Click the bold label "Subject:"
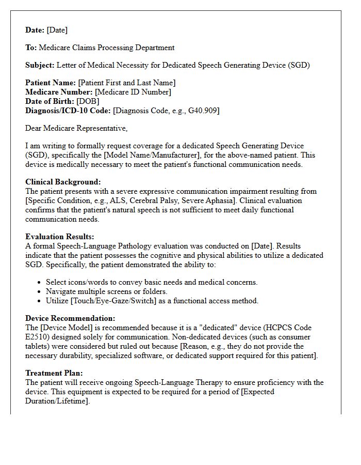click(x=40, y=65)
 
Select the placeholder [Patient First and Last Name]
click(x=126, y=83)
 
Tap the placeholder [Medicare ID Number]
click(x=133, y=92)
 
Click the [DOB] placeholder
click(x=88, y=101)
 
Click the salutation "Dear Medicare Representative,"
click(x=76, y=128)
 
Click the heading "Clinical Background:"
click(x=63, y=182)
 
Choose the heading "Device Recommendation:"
click(x=70, y=318)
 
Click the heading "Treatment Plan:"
click(x=54, y=373)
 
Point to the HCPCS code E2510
click(x=37, y=337)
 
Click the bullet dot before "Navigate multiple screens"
click(x=40, y=292)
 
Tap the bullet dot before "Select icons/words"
click(x=40, y=283)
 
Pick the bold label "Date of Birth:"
click(x=50, y=101)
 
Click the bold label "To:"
click(x=31, y=48)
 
